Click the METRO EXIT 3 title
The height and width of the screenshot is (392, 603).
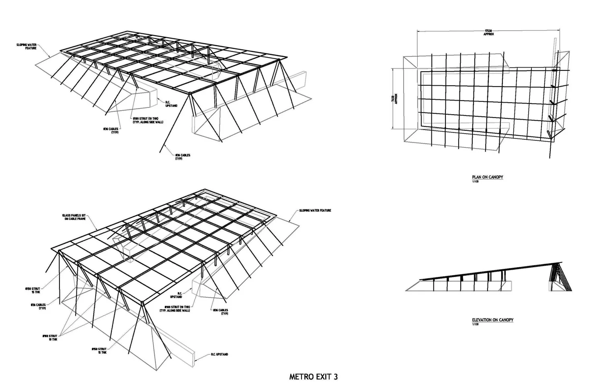(313, 377)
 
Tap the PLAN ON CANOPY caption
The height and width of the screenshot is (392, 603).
(487, 177)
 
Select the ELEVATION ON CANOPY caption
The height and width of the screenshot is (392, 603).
(492, 320)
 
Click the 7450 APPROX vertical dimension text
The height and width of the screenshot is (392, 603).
(395, 99)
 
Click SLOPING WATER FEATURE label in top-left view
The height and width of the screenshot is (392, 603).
(27, 47)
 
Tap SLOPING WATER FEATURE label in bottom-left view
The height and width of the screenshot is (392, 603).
(315, 210)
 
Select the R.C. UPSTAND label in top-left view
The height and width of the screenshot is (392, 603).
(171, 104)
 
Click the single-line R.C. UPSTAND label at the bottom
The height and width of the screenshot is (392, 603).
(219, 355)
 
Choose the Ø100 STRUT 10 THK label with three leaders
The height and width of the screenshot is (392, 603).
(51, 337)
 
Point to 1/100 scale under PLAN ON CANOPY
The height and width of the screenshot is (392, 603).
(475, 182)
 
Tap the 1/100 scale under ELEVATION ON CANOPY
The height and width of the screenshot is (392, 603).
(475, 324)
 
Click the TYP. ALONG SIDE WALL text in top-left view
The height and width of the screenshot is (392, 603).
(148, 122)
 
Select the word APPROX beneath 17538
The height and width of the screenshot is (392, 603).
(488, 35)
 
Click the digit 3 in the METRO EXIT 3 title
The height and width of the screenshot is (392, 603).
(335, 377)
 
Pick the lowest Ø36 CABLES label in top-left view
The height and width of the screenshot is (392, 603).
(182, 157)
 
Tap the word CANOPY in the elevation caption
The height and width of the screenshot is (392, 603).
(506, 320)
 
